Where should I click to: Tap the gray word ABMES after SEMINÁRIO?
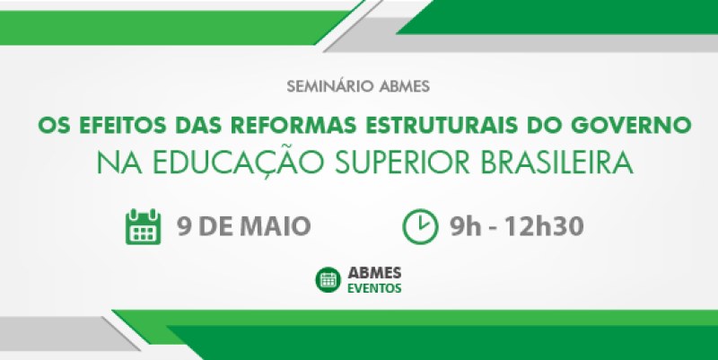(x=405, y=86)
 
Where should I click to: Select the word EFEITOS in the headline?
(x=123, y=126)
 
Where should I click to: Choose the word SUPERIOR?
(x=402, y=163)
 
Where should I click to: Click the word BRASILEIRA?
(x=556, y=163)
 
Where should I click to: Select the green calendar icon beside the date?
(x=143, y=226)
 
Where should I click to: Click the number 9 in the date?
(x=185, y=226)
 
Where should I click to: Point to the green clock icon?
(x=420, y=226)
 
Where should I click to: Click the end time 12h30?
(x=544, y=226)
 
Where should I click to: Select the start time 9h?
(x=465, y=226)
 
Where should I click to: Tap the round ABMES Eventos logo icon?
(x=328, y=279)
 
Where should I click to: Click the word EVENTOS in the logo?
(x=374, y=288)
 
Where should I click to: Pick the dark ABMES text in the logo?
(x=374, y=273)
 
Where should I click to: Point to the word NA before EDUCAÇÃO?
(x=120, y=163)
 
